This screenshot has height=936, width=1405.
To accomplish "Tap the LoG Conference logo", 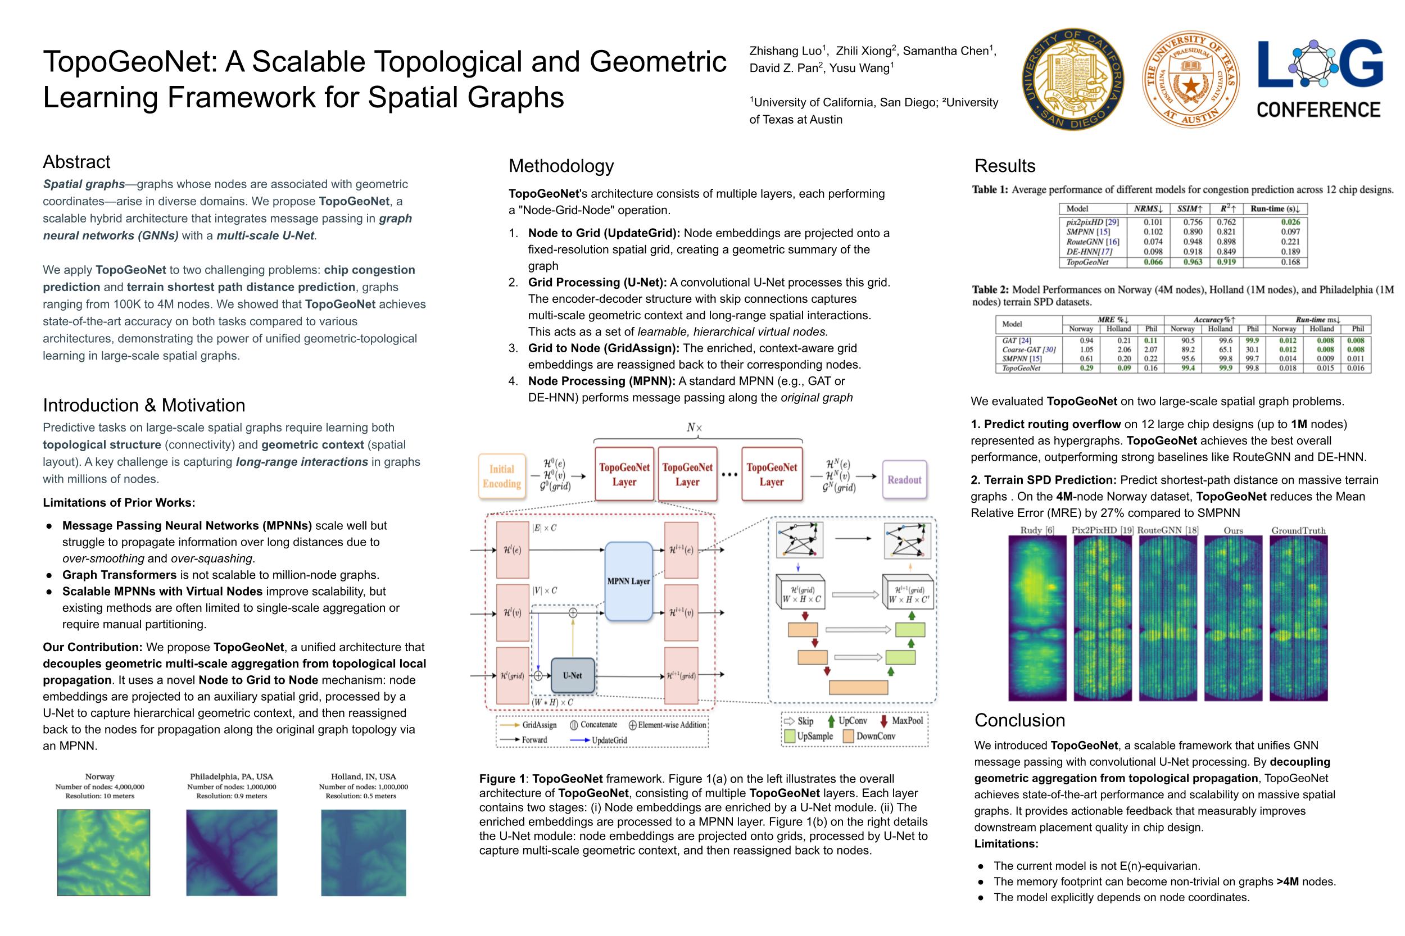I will pyautogui.click(x=1320, y=79).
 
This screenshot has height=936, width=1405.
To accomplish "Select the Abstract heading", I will pyautogui.click(x=76, y=162).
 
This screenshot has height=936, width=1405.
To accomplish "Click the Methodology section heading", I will pyautogui.click(x=561, y=166).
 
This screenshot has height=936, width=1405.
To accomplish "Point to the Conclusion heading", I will pyautogui.click(x=1019, y=720).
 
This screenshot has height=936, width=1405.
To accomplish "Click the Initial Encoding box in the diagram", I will pyautogui.click(x=501, y=476).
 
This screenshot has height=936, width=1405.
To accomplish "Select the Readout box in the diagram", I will pyautogui.click(x=904, y=479).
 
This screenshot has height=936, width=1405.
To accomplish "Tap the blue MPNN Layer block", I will pyautogui.click(x=628, y=581).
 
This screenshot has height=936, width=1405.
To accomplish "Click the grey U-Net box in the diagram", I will pyautogui.click(x=572, y=675).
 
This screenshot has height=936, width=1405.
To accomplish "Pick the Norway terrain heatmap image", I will pyautogui.click(x=103, y=852).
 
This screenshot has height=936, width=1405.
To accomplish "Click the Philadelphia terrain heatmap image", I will pyautogui.click(x=231, y=852).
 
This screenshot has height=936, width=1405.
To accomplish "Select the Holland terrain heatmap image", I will pyautogui.click(x=363, y=852).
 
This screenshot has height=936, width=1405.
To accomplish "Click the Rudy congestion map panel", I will pyautogui.click(x=1036, y=617).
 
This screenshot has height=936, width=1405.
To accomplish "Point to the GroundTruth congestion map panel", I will pyautogui.click(x=1298, y=617).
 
